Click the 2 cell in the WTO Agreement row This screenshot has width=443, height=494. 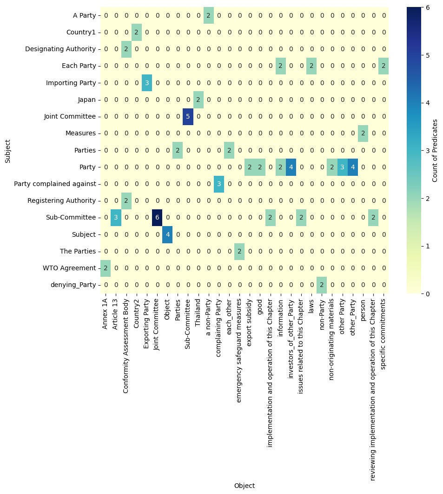point(106,268)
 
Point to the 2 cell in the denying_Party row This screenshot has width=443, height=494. point(321,285)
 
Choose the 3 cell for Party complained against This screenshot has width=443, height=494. point(218,184)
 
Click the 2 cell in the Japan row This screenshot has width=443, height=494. point(198,100)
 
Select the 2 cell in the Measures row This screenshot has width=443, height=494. point(363,133)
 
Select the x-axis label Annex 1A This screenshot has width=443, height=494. point(106,311)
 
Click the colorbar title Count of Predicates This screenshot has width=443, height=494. point(435,150)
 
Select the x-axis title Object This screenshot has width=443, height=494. point(244,486)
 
